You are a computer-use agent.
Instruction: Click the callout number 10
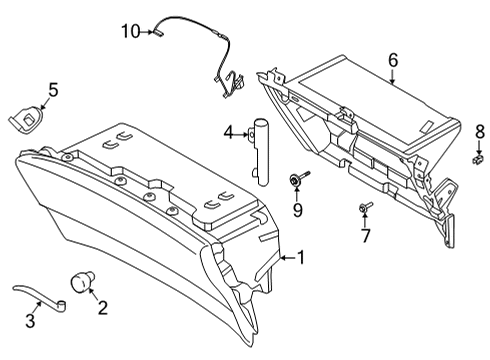pyautogui.click(x=131, y=31)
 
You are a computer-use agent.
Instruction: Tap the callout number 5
pyautogui.click(x=53, y=91)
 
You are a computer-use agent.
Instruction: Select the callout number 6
pyautogui.click(x=393, y=60)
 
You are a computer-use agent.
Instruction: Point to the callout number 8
pyautogui.click(x=479, y=130)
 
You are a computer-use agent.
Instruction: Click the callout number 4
pyautogui.click(x=229, y=132)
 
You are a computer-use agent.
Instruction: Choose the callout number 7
pyautogui.click(x=366, y=236)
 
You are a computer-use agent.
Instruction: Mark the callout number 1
pyautogui.click(x=298, y=258)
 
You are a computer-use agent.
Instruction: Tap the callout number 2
pyautogui.click(x=102, y=307)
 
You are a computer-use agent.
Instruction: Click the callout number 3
pyautogui.click(x=30, y=321)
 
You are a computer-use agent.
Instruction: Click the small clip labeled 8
pyautogui.click(x=478, y=156)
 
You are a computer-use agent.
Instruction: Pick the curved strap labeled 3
pyautogui.click(x=40, y=295)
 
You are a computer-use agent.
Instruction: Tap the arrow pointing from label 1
pyautogui.click(x=281, y=258)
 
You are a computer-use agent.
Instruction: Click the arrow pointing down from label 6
pyautogui.click(x=393, y=78)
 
